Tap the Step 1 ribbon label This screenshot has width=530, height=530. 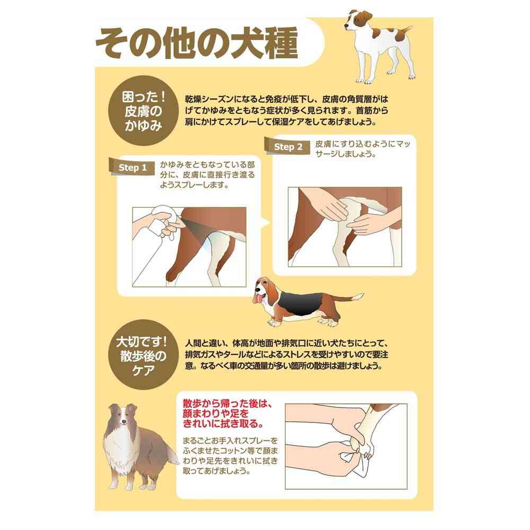132,167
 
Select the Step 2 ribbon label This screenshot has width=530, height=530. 288,147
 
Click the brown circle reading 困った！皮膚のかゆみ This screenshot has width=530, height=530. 143,111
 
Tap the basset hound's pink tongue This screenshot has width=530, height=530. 259,298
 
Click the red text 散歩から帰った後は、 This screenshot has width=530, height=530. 227,403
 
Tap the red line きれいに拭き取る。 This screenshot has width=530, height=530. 223,423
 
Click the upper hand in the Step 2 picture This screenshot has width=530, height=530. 324,205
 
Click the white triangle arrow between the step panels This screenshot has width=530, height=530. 266,222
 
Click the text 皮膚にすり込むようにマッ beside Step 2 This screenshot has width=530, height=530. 363,144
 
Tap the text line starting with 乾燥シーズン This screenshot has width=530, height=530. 286,100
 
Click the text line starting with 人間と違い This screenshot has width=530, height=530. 286,343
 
